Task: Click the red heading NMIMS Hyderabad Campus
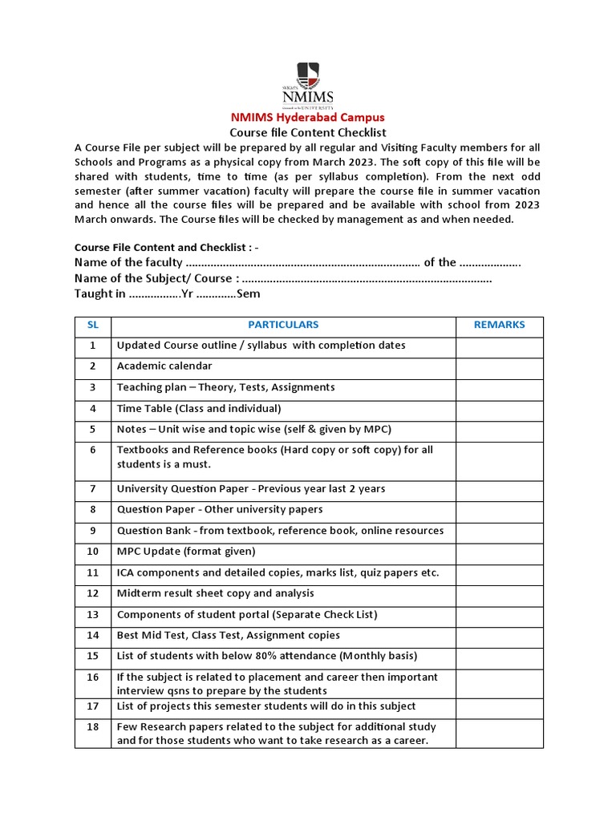[x=308, y=117]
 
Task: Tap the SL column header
[x=92, y=325]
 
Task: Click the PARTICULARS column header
[x=283, y=325]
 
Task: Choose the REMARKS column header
[x=500, y=325]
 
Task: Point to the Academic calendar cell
[x=164, y=366]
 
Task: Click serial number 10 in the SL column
[x=92, y=552]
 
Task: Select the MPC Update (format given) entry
[x=186, y=552]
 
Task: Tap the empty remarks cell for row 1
[x=500, y=346]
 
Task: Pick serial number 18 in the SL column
[x=92, y=726]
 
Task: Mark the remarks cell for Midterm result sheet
[x=500, y=593]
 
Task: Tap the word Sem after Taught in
[x=248, y=294]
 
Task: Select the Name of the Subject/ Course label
[x=156, y=278]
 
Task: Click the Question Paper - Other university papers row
[x=220, y=510]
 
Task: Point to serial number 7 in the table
[x=92, y=489]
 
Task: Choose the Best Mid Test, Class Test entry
[x=229, y=635]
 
